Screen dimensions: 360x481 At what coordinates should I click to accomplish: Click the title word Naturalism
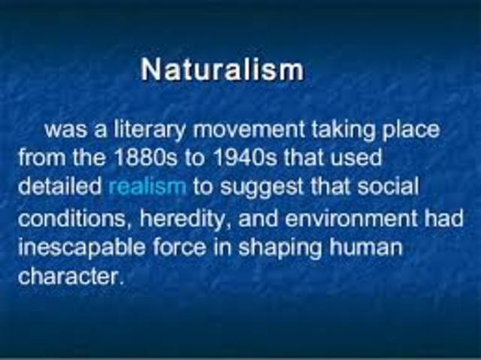pos(222,70)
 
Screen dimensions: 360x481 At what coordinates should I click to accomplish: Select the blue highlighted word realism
pos(147,185)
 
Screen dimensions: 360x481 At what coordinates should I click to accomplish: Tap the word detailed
pos(60,185)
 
